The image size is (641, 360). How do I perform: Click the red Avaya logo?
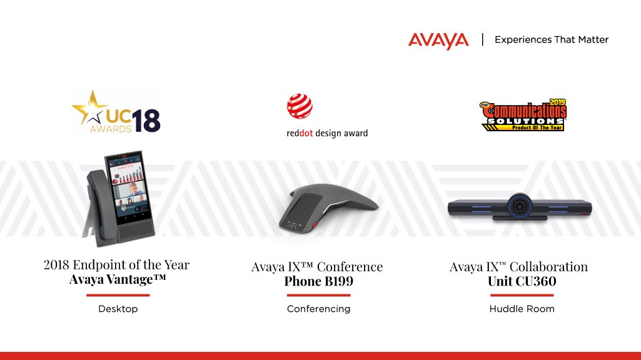(438, 41)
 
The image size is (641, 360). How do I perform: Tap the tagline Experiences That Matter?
(551, 40)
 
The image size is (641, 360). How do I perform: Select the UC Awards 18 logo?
(116, 112)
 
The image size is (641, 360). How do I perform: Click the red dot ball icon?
(300, 106)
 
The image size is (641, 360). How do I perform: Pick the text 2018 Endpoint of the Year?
(116, 264)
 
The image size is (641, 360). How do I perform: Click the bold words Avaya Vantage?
(118, 279)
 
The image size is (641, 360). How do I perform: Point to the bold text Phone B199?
(318, 281)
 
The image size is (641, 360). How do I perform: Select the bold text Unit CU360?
(522, 281)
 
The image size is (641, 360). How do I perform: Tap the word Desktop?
(118, 309)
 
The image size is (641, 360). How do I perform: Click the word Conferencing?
(318, 309)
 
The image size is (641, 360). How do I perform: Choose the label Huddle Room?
(522, 309)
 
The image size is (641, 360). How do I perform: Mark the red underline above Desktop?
(118, 294)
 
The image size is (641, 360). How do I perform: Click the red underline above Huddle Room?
(522, 295)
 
